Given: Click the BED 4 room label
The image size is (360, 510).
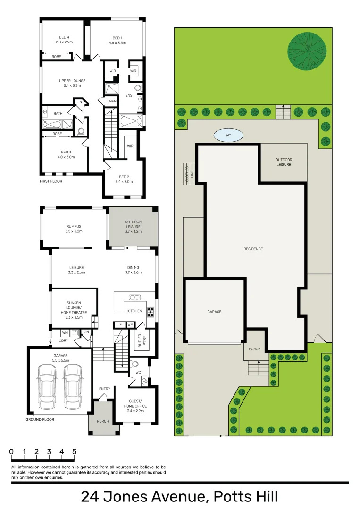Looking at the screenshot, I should pos(64,40).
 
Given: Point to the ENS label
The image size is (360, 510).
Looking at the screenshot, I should pos(129,95).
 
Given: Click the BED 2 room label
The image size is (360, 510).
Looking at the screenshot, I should pos(125,178).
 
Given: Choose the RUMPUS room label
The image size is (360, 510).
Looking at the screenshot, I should pos(74,229).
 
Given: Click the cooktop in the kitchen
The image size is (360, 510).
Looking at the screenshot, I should pos(151,311).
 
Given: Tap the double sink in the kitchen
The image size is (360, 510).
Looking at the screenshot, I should pos(134,297).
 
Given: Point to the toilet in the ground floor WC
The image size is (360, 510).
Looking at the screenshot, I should pos(135,364).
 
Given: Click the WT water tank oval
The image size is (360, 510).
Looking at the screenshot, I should pos(228,136).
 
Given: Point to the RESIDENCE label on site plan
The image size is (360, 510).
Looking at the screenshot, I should pos(253,249).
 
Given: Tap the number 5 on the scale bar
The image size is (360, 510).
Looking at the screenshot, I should pos(74,451).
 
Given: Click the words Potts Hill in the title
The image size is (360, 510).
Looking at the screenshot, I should pos(245,497).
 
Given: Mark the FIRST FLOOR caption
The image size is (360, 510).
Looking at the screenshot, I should pos(51,181).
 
